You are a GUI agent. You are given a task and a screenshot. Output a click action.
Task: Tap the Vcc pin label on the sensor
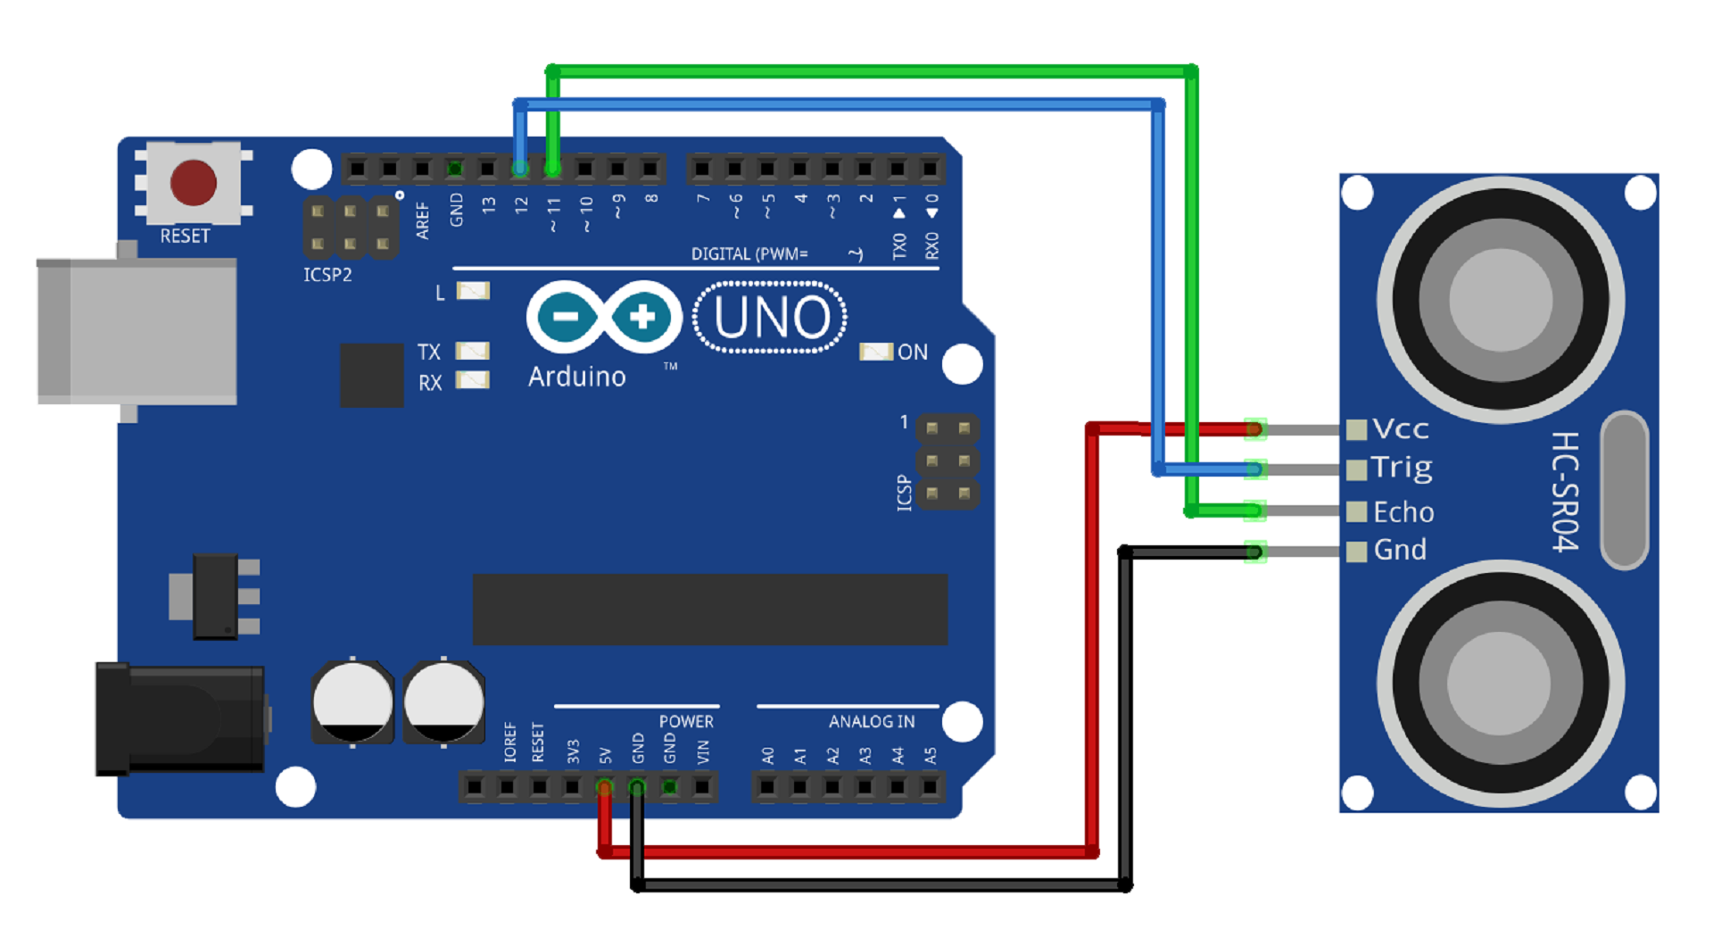point(1401,429)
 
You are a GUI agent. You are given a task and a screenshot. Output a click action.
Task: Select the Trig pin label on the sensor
point(1402,468)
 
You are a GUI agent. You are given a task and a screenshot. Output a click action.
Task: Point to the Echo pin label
point(1403,512)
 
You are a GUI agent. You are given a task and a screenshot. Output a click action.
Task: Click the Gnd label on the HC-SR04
point(1400,550)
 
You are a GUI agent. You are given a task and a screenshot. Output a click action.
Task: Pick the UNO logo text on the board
point(771,318)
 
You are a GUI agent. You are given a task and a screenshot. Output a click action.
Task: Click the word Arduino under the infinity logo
point(576,377)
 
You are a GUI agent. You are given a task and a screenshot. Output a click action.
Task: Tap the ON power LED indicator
point(875,352)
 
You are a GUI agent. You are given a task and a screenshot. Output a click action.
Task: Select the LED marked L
point(473,291)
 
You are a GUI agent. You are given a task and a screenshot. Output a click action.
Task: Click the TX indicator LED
point(473,351)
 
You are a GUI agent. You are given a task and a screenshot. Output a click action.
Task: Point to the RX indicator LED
point(473,381)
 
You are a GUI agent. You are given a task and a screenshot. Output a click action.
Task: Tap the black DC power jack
point(179,718)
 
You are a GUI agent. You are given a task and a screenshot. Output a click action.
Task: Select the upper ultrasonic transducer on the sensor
point(1501,300)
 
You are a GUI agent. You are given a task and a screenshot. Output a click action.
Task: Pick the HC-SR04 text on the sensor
point(1565,492)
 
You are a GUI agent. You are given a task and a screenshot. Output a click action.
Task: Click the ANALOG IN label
point(871,721)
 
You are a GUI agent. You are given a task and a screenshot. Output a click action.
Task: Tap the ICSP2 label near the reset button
point(327,275)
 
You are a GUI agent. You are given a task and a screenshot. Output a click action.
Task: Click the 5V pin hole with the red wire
point(604,787)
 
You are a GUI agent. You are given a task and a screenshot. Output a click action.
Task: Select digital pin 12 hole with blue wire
point(520,168)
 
